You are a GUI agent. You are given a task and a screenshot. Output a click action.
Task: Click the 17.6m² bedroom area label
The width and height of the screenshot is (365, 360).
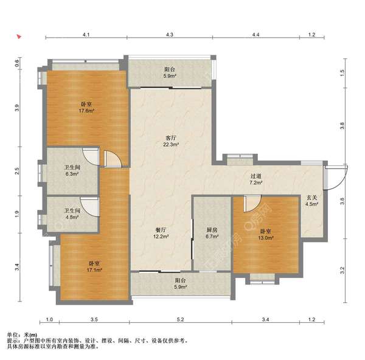tap(86, 107)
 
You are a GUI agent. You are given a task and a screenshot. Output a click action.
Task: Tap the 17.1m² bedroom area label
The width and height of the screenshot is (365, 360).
tap(94, 267)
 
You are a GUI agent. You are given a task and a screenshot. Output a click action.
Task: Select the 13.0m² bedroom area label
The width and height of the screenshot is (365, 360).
tap(266, 235)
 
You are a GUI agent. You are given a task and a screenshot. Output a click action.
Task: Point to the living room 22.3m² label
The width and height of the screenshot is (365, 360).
tap(171, 141)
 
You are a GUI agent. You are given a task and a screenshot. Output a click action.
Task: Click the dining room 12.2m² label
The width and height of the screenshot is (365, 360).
tap(161, 233)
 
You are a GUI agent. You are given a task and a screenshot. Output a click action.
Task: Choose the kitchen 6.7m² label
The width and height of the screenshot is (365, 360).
tap(212, 233)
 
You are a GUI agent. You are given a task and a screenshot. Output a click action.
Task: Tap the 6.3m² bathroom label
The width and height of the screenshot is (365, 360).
tap(72, 170)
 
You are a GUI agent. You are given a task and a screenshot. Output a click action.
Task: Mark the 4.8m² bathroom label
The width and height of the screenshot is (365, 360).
tap(72, 214)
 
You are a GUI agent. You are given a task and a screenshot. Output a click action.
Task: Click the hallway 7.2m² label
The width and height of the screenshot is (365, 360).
tap(256, 179)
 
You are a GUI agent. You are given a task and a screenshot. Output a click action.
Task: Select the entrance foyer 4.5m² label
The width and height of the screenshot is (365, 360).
tap(311, 201)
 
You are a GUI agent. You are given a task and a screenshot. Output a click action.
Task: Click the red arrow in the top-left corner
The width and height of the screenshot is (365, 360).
tap(19, 36)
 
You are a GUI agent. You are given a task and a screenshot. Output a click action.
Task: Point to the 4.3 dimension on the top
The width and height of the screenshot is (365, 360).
tap(170, 35)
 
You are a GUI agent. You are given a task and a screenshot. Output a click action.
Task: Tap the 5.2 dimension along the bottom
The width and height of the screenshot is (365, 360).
tap(181, 319)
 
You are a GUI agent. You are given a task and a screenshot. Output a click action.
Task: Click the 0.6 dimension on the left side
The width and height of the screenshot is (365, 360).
tap(17, 63)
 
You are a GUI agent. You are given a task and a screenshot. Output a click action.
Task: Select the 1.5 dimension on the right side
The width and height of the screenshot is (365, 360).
tap(342, 73)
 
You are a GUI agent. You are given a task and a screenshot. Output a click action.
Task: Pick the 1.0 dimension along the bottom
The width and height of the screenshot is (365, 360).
tap(49, 319)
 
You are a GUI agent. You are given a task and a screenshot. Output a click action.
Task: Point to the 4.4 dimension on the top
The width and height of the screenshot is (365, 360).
tap(255, 35)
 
